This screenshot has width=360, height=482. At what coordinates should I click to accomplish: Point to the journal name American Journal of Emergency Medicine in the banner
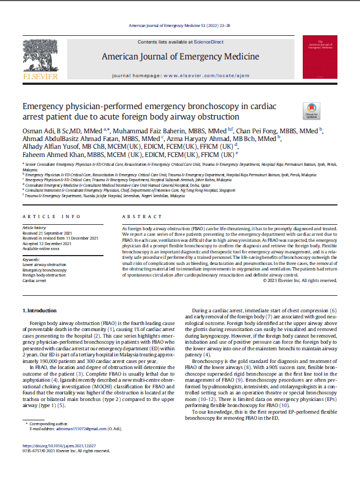coord(180,57)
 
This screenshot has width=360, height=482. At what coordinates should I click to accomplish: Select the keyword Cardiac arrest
coord(34,280)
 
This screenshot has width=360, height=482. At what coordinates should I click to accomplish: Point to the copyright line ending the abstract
coord(299,280)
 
